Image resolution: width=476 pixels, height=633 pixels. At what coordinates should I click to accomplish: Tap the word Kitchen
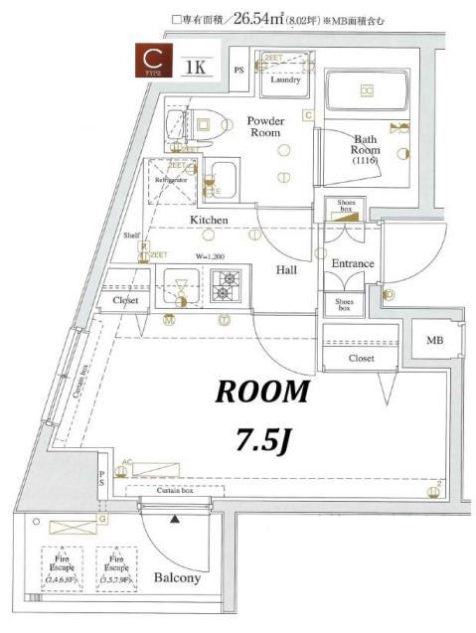tap(210, 220)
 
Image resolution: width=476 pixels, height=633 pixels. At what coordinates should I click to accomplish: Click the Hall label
tap(287, 269)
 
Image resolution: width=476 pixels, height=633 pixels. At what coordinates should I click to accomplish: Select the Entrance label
tap(351, 263)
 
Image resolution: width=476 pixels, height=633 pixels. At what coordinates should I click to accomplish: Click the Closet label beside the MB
tap(361, 358)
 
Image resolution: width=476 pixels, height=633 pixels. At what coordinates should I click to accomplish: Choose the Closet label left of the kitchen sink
tap(124, 299)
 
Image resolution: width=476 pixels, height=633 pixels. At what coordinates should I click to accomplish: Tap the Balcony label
tap(178, 577)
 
